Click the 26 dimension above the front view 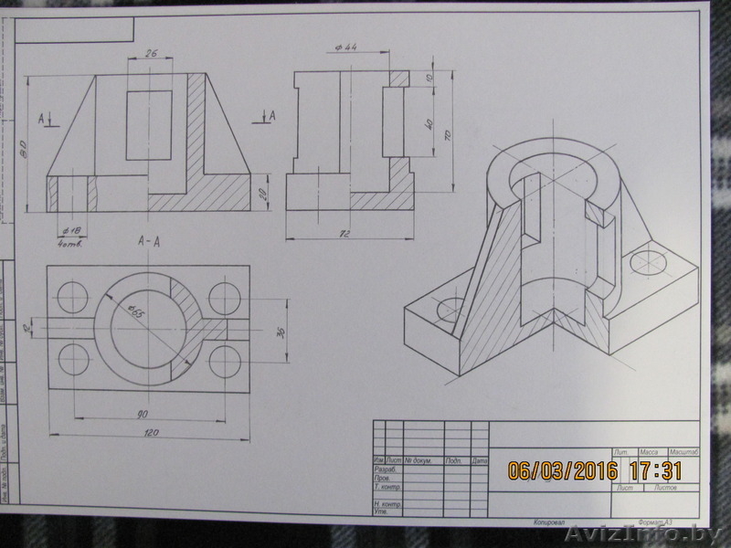point(151,53)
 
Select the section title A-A point(149,242)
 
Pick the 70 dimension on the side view point(448,133)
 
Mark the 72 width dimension point(344,234)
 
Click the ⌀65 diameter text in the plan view point(136,311)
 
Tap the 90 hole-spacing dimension point(143,414)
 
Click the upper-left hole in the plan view point(72,297)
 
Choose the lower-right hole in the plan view point(225,362)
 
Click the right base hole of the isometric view point(649,264)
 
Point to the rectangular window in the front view point(149,125)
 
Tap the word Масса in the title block point(649,452)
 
